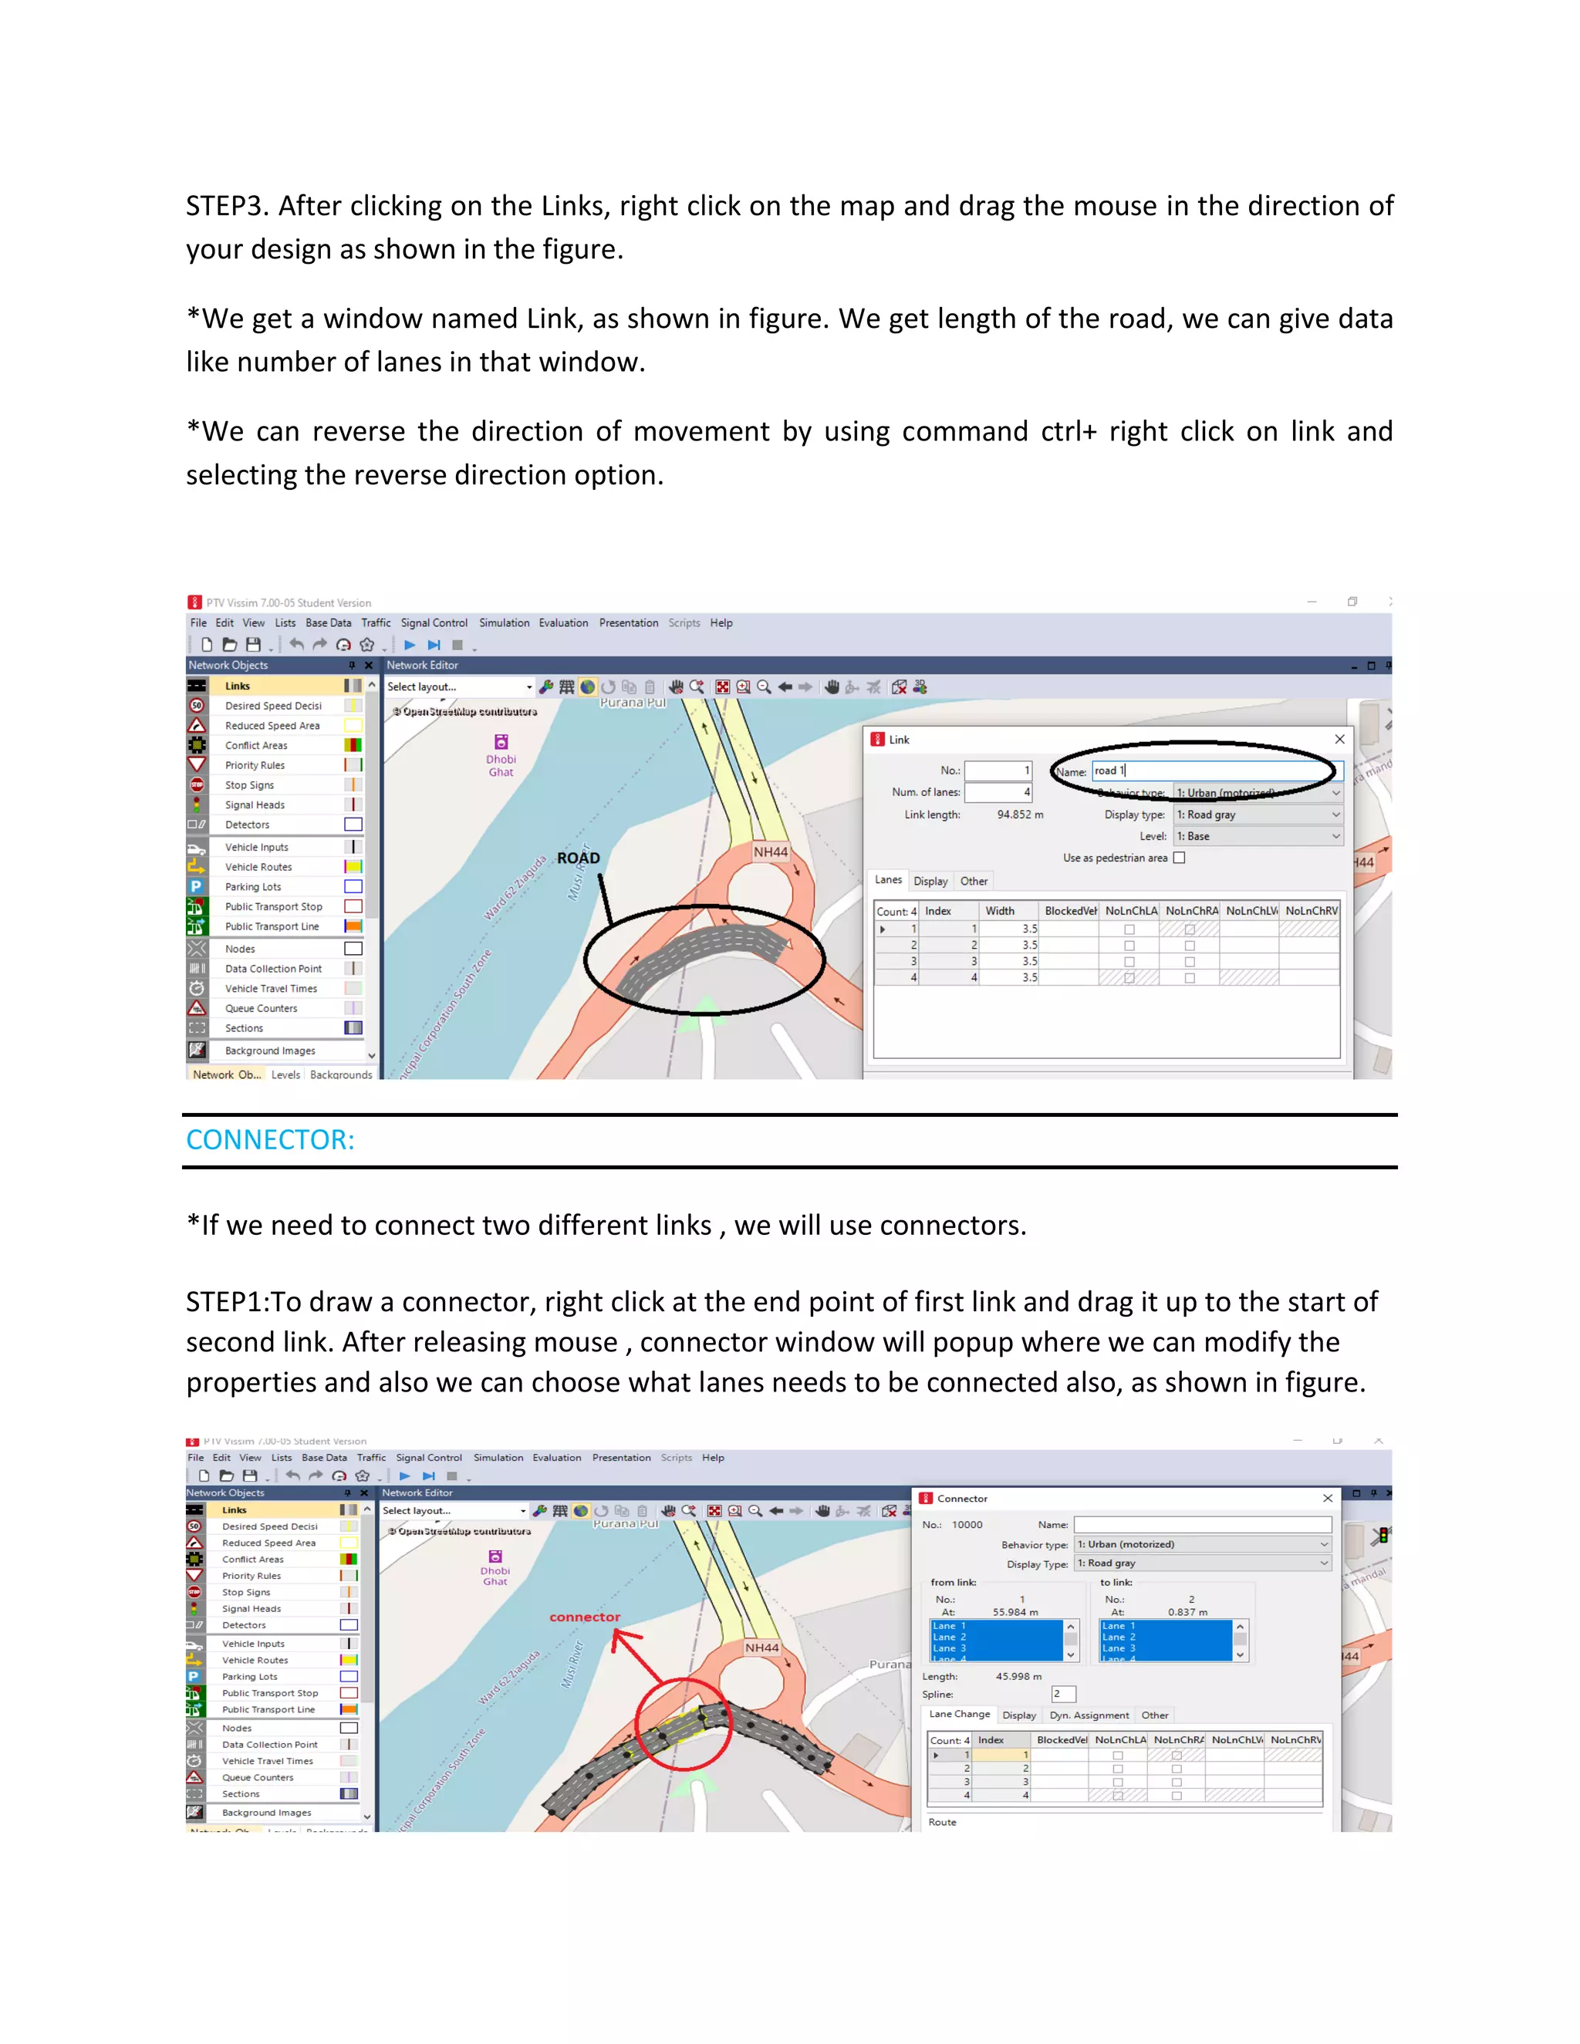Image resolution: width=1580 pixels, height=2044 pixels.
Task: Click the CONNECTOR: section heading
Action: (x=269, y=1140)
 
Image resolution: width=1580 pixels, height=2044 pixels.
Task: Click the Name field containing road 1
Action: (x=1216, y=771)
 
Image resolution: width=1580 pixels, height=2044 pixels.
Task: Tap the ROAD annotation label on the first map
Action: (x=579, y=858)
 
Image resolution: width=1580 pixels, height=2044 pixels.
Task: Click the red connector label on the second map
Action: (x=585, y=1617)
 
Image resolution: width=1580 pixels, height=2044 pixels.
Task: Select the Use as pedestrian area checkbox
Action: (x=1180, y=858)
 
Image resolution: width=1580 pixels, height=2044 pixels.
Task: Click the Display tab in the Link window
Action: (x=930, y=882)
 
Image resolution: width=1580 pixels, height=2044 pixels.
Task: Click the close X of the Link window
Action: (x=1339, y=740)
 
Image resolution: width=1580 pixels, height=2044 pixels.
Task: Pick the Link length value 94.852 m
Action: (x=1019, y=815)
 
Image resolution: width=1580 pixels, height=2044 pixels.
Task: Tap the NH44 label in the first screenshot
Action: (x=771, y=852)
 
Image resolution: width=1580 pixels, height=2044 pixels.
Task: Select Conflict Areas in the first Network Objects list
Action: (x=255, y=746)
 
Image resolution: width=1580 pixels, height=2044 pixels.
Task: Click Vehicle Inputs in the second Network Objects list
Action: (x=253, y=1644)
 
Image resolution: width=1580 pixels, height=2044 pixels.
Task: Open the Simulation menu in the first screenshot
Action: (x=504, y=623)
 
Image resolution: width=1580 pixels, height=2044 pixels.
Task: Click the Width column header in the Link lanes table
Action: (x=1000, y=912)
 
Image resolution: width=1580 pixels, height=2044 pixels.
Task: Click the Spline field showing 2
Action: (x=1063, y=1694)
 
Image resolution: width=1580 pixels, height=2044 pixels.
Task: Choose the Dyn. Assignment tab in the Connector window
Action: (x=1089, y=1715)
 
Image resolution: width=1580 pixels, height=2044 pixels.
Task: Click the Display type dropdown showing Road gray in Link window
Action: (x=1257, y=815)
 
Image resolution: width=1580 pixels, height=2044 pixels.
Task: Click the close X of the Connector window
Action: (x=1327, y=1499)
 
